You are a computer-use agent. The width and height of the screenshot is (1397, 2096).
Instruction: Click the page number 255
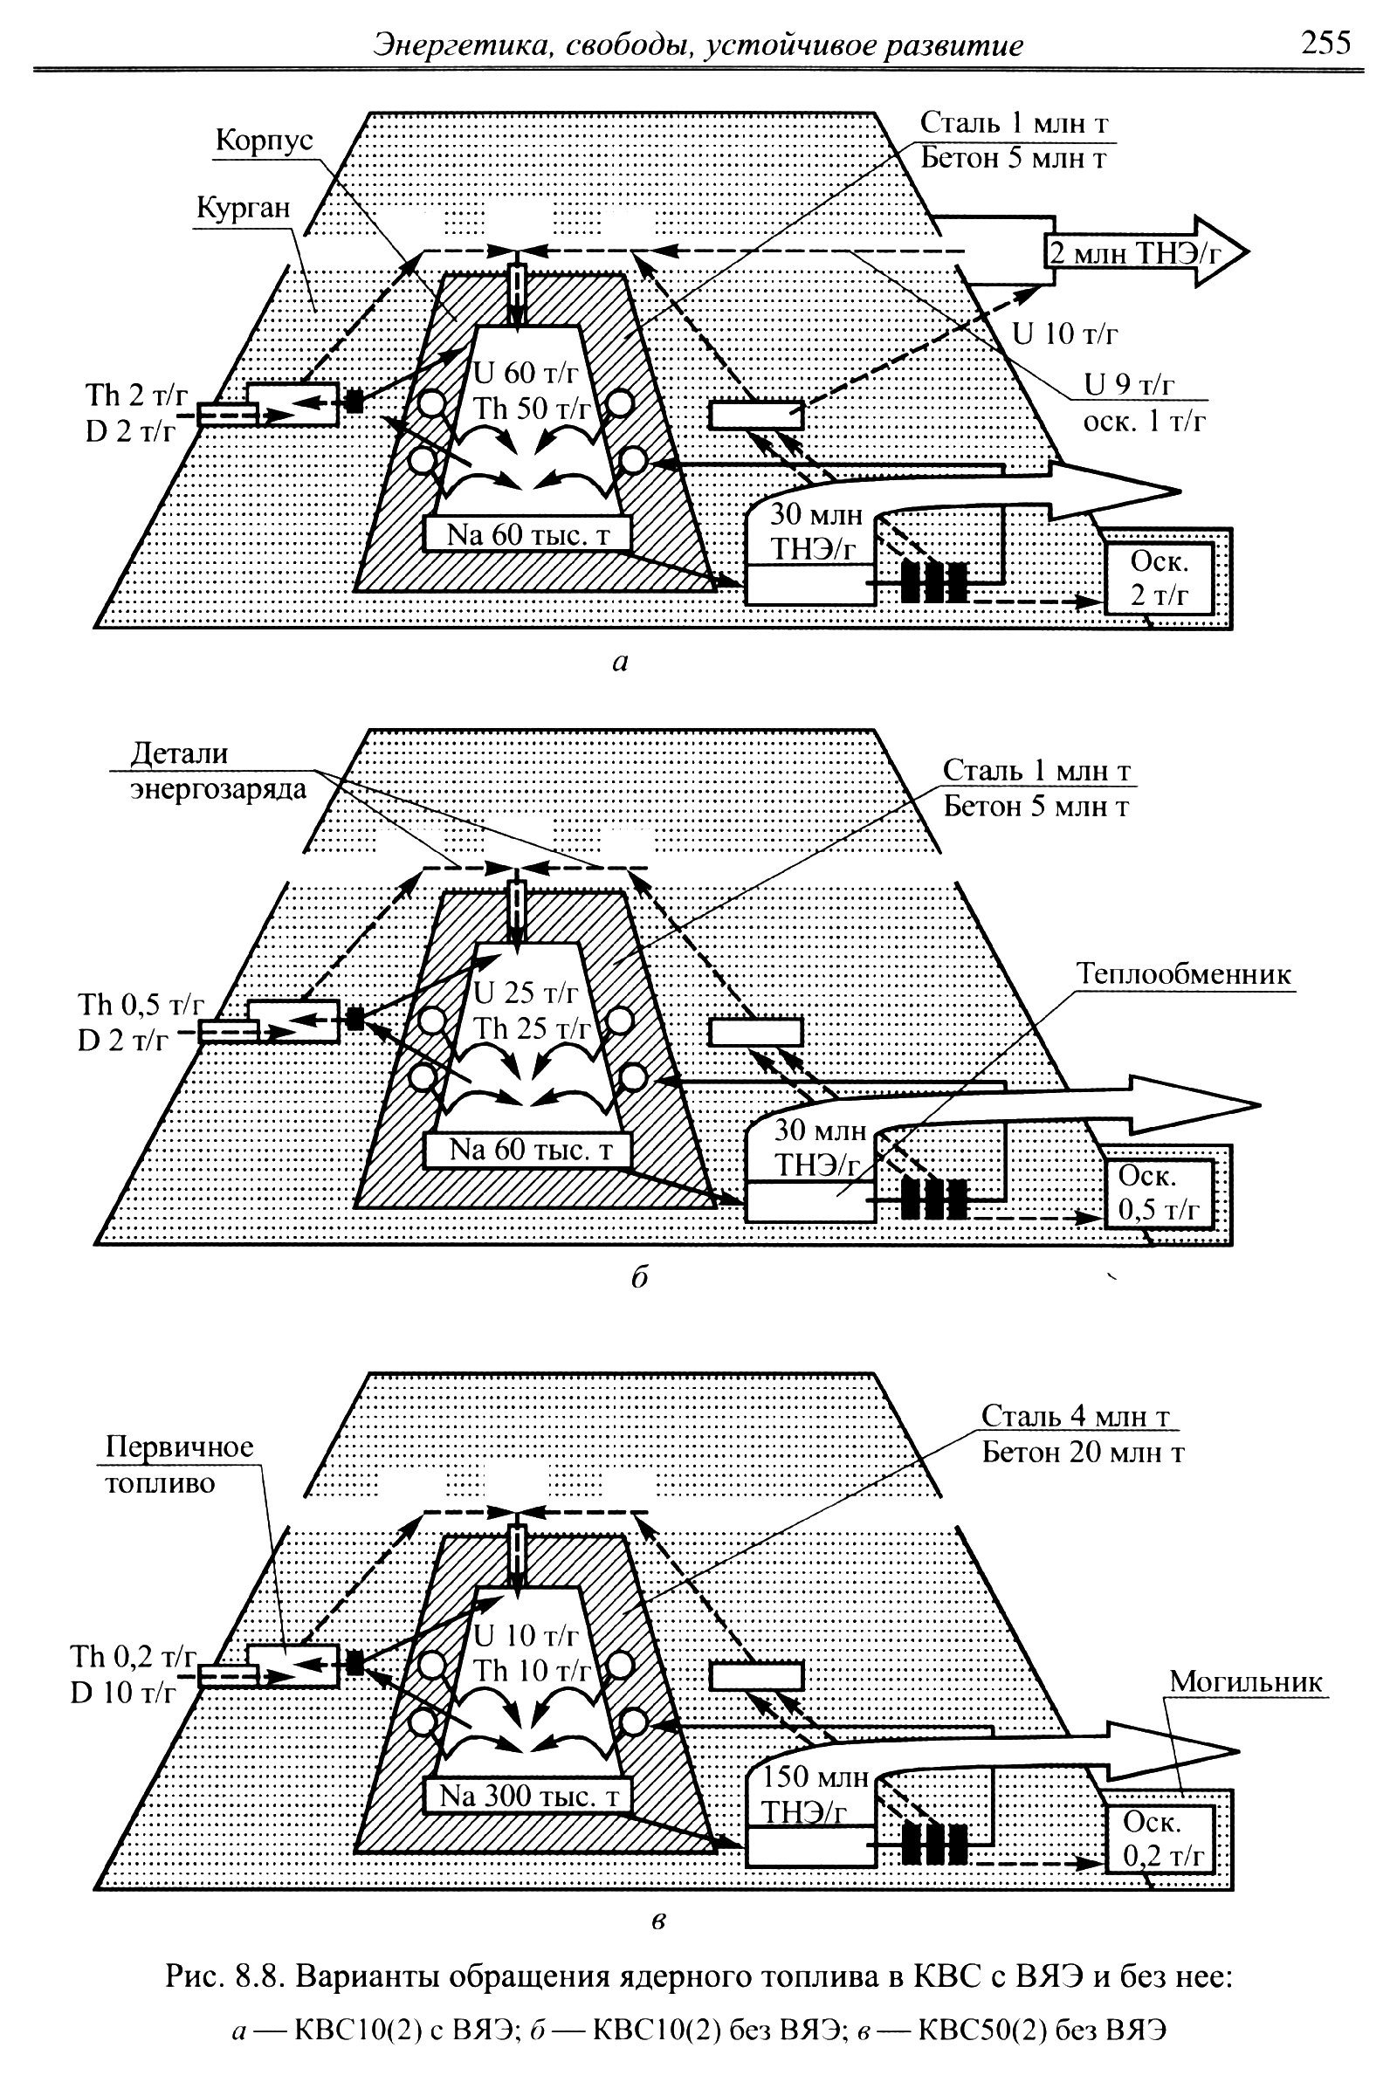tap(1325, 43)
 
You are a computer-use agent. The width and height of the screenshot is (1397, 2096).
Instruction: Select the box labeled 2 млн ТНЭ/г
tap(1135, 253)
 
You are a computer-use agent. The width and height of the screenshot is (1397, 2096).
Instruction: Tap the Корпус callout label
tap(264, 141)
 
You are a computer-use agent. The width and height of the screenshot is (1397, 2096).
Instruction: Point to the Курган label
tap(243, 208)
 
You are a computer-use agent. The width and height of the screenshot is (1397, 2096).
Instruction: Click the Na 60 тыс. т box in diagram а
tap(528, 534)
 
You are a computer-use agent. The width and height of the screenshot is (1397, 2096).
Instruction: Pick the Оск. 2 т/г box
tap(1160, 578)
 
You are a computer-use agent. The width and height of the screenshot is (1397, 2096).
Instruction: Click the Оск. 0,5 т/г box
tap(1160, 1193)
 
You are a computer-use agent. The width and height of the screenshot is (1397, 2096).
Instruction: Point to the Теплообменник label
tap(1183, 973)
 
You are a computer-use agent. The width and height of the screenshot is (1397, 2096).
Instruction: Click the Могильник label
tap(1246, 1682)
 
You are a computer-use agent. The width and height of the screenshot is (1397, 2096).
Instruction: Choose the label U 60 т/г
tap(526, 373)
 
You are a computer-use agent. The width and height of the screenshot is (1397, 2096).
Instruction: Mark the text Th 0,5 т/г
tap(140, 1005)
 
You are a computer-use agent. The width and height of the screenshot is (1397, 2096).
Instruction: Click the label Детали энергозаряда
tap(217, 772)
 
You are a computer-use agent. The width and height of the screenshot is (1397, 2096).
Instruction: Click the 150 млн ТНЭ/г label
tap(815, 1793)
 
